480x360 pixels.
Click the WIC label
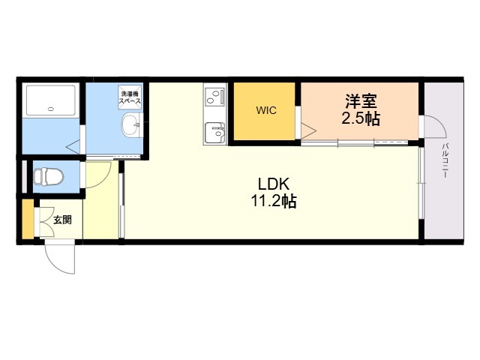point(266,110)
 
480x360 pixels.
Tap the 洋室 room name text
point(361,101)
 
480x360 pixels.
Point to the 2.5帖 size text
point(361,118)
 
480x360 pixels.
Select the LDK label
point(273,184)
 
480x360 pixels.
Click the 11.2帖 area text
point(273,201)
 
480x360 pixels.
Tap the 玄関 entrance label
point(62,220)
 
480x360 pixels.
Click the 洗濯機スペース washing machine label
point(130,97)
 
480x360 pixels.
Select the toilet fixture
point(48,177)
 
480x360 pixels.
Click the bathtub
point(51,100)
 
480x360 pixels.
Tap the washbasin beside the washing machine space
point(132,125)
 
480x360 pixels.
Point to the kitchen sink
point(215,133)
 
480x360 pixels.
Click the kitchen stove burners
point(215,96)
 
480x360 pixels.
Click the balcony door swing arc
point(438,124)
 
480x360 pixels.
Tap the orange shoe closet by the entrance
point(28,219)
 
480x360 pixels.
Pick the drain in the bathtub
point(51,108)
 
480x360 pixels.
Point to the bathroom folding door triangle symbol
point(73,147)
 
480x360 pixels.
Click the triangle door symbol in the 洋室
point(308,131)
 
